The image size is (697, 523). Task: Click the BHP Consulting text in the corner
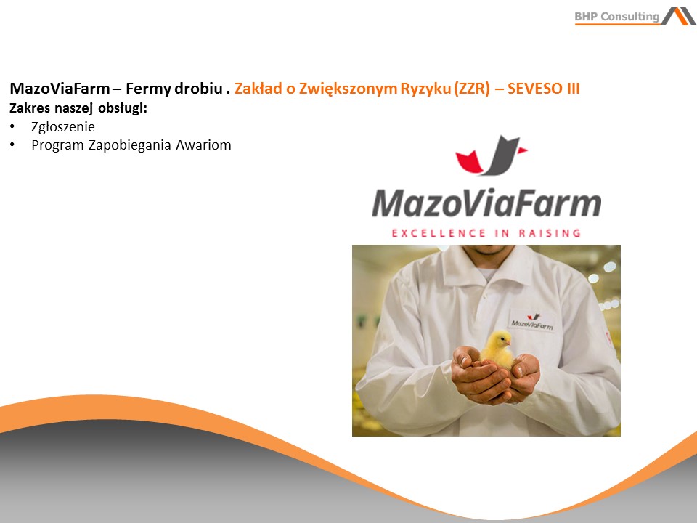617,17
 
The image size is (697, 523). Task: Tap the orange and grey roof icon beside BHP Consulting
678,16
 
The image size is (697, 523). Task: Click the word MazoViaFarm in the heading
60,89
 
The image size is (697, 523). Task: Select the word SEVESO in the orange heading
535,89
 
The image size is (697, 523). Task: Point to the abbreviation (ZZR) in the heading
472,89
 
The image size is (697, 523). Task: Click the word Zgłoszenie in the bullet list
63,127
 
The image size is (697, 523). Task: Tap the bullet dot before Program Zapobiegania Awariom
12,145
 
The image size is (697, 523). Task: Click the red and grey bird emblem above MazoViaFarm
491,155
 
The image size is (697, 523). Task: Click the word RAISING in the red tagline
550,233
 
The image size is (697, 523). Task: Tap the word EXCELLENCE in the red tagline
439,233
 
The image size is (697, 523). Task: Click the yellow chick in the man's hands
497,349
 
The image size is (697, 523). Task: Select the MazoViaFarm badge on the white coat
532,321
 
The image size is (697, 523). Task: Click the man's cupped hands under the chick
495,375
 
